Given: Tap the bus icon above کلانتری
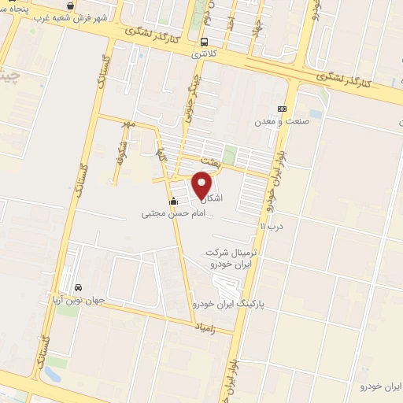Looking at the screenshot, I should point(205,42).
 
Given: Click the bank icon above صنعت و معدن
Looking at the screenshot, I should point(283,109).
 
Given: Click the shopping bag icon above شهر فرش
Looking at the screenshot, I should point(72,5).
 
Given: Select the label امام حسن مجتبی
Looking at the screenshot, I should point(173,213).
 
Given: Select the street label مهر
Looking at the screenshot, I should point(128,124).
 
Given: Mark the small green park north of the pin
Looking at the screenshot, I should point(230,154).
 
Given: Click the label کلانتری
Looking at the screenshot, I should point(204,55).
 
